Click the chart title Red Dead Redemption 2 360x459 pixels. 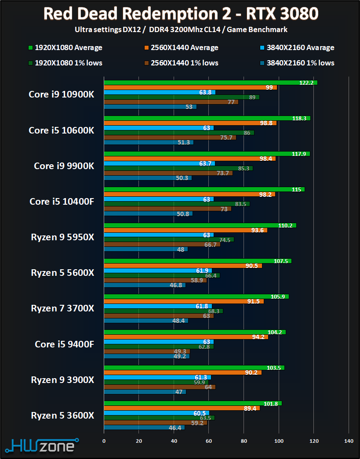[x=180, y=14]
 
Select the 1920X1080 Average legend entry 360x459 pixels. [x=64, y=47]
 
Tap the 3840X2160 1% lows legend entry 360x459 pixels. [x=297, y=63]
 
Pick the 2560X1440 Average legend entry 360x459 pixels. [x=180, y=47]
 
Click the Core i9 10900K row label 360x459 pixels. [x=61, y=94]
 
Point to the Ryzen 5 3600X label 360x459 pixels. [x=62, y=415]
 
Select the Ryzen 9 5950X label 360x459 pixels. [x=62, y=237]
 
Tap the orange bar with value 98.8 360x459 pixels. [x=190, y=123]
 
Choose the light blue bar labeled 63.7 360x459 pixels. [x=159, y=163]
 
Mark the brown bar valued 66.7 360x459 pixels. [x=162, y=244]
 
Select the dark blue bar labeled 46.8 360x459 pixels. [x=145, y=285]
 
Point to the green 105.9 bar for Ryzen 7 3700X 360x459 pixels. [x=196, y=296]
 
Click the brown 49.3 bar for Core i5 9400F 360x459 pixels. [x=147, y=351]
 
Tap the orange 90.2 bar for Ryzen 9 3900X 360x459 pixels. [x=182, y=372]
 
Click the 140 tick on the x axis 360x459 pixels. [x=349, y=441]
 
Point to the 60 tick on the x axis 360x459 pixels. [x=209, y=441]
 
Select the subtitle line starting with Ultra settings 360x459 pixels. [x=180, y=30]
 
